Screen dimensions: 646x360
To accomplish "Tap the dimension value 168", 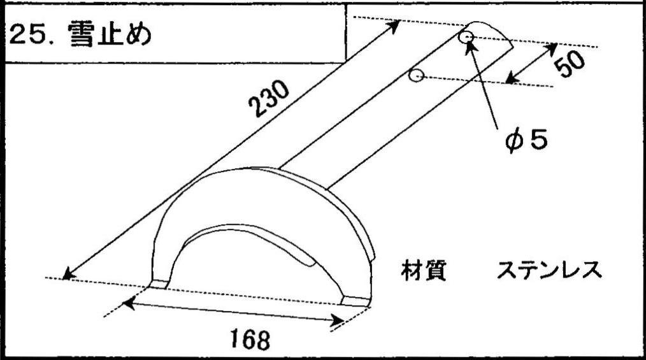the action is (250, 340).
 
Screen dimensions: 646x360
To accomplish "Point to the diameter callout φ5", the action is (526, 140).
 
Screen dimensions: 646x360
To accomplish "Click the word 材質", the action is (423, 271).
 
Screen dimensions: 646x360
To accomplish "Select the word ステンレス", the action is (549, 271).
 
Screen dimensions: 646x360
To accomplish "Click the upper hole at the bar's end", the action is (466, 38).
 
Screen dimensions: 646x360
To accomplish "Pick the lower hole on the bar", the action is (417, 76).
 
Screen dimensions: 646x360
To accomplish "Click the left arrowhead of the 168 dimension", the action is (129, 305).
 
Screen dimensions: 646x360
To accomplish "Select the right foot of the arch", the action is (355, 301).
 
